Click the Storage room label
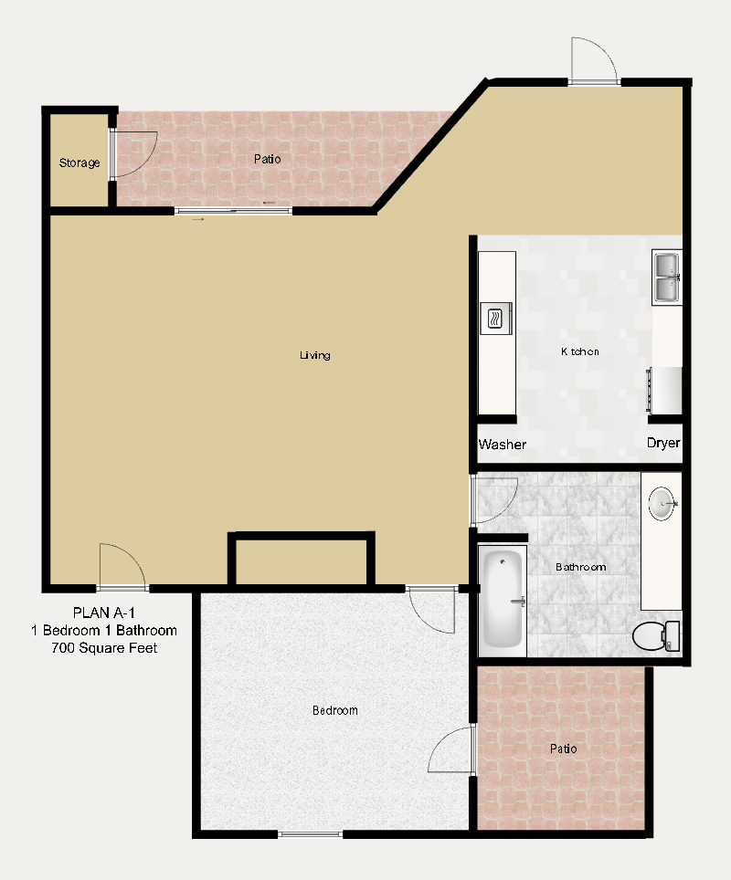click(79, 162)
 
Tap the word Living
click(314, 355)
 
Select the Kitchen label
click(580, 351)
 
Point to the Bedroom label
click(334, 710)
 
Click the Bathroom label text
click(580, 568)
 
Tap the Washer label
click(503, 445)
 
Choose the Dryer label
click(663, 443)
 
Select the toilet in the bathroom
click(656, 636)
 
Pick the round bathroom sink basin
click(662, 503)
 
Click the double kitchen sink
click(666, 277)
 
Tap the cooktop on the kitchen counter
click(495, 319)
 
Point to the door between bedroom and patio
click(450, 749)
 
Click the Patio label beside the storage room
click(267, 160)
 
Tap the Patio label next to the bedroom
click(563, 749)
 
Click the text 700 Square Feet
click(104, 648)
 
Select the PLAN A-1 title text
click(104, 613)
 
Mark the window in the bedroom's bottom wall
click(310, 834)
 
